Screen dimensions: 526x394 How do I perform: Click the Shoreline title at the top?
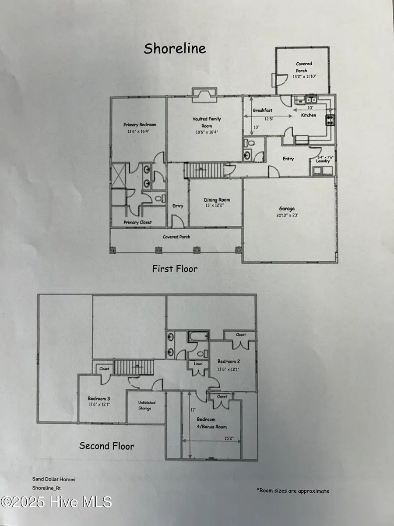coord(175,49)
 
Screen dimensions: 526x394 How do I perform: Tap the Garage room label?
coord(287,209)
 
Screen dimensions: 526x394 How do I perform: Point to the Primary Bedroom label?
coord(140,124)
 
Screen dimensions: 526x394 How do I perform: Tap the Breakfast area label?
coord(263,110)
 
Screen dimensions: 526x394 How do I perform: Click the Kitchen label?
coord(308,115)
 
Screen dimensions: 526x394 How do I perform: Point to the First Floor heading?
coord(175,269)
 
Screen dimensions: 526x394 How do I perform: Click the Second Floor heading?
coord(107,446)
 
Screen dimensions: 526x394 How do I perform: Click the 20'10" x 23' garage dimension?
coord(287,215)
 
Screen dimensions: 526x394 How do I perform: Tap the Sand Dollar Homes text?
coord(53,480)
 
